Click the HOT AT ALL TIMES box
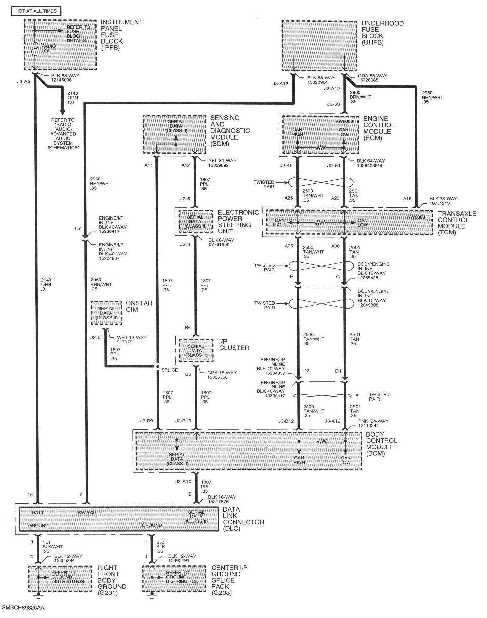pyautogui.click(x=36, y=11)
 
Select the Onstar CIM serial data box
pyautogui.click(x=106, y=313)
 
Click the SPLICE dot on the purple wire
pyautogui.click(x=158, y=366)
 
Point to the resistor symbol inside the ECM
pyautogui.click(x=320, y=147)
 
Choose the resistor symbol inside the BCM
pyautogui.click(x=322, y=441)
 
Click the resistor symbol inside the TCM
pyautogui.click(x=320, y=223)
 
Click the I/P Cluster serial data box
pyautogui.click(x=196, y=350)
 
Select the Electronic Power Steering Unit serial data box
pyautogui.click(x=195, y=221)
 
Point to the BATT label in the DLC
pyautogui.click(x=38, y=513)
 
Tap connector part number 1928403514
pyautogui.click(x=370, y=165)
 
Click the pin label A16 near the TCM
pyautogui.click(x=407, y=199)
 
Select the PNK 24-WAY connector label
pyautogui.click(x=373, y=421)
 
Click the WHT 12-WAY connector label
pyautogui.click(x=132, y=337)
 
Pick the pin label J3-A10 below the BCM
pyautogui.click(x=183, y=481)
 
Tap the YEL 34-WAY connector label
pyautogui.click(x=222, y=160)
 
